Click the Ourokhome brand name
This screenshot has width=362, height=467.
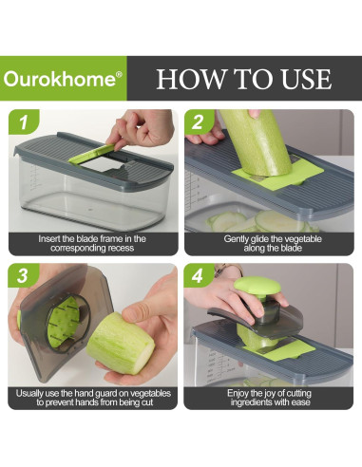(60, 79)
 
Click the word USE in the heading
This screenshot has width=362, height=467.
(306, 79)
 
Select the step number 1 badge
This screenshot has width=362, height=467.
(24, 122)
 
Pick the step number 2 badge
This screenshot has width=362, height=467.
(199, 122)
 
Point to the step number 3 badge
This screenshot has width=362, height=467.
(23, 276)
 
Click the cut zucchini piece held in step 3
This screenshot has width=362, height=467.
(120, 343)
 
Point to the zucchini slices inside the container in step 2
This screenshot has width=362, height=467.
(260, 222)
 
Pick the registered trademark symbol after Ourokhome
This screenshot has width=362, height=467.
(119, 75)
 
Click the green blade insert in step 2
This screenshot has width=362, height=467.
(278, 177)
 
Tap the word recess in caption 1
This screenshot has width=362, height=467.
(121, 248)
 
